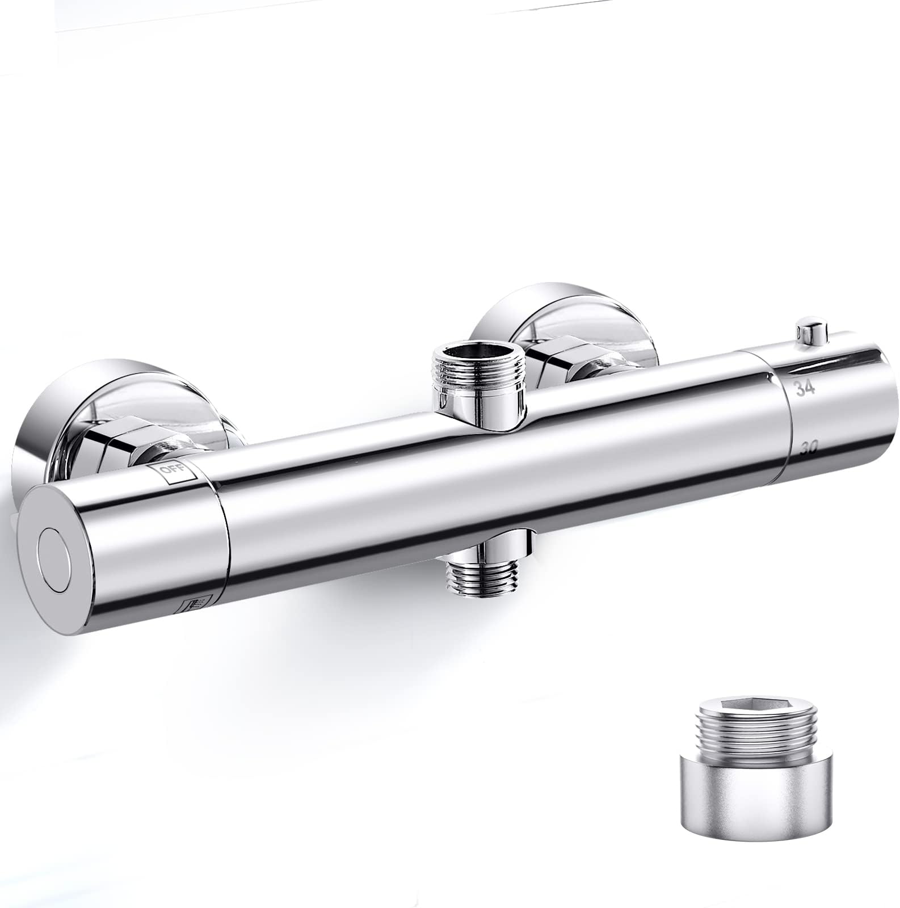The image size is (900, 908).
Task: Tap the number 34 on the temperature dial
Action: click(805, 389)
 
